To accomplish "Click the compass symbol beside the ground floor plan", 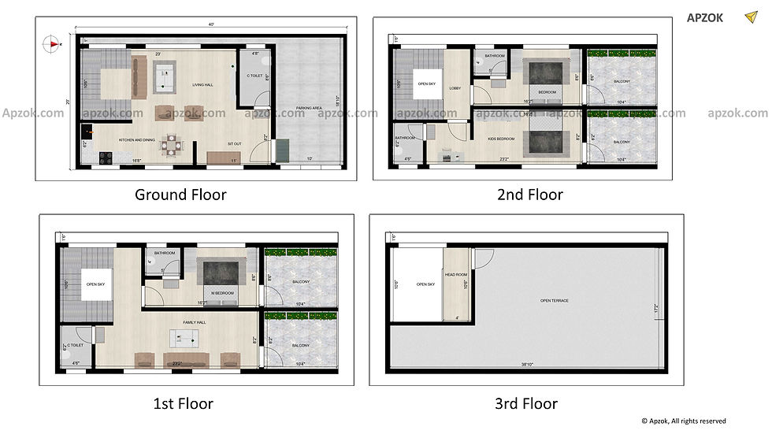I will click(x=53, y=44).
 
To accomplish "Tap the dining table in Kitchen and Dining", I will click(x=171, y=144).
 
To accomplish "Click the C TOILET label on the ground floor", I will click(x=254, y=76).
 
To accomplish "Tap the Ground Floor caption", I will click(x=180, y=195).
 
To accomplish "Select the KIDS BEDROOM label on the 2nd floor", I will click(x=501, y=139).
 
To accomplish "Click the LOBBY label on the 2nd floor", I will click(x=455, y=89).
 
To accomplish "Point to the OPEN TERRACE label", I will click(x=555, y=300).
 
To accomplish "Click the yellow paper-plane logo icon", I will click(x=749, y=17).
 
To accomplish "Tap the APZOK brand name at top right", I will click(x=703, y=18).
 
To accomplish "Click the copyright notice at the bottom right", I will click(x=683, y=421).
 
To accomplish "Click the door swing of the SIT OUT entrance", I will click(x=260, y=151).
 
